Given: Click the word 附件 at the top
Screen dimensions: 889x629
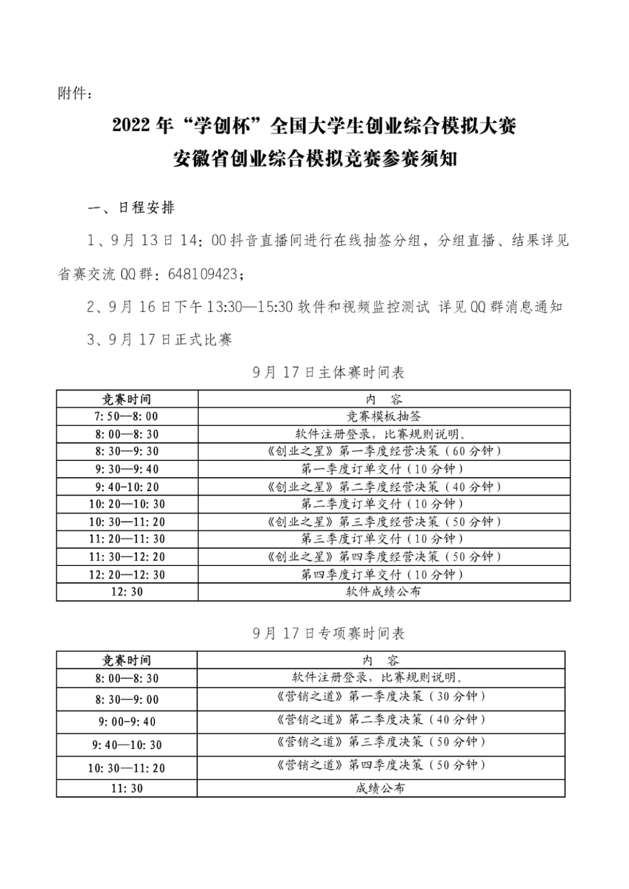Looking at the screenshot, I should (72, 93).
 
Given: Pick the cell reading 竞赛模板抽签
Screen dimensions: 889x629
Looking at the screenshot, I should (381, 416).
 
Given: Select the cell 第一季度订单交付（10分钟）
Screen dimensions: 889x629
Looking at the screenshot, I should (381, 469).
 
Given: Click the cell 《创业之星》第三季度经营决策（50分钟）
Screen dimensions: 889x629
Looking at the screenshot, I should (381, 522).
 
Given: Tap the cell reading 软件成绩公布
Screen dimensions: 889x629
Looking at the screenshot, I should (381, 592).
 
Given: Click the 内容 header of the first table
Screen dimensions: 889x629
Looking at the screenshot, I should (381, 399).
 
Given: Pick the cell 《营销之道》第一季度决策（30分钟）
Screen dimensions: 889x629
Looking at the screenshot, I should (381, 697).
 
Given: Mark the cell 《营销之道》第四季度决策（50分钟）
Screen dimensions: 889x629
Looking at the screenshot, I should (381, 764).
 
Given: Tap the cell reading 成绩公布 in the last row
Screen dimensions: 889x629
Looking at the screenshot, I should (381, 789).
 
